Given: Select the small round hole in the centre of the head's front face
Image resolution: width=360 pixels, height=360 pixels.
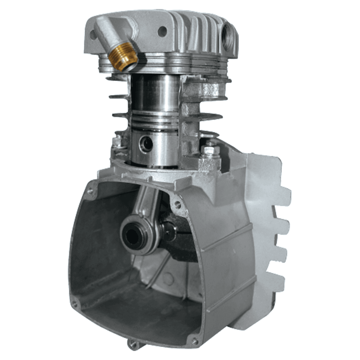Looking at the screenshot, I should (162, 31).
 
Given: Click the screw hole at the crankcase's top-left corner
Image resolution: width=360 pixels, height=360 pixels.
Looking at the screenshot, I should (90, 191).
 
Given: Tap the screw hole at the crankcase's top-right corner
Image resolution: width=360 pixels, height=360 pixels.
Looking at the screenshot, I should (177, 204).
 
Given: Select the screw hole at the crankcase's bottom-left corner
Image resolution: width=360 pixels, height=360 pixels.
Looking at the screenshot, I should (75, 304).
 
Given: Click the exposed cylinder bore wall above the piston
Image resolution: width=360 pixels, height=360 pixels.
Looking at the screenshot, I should (155, 92).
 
